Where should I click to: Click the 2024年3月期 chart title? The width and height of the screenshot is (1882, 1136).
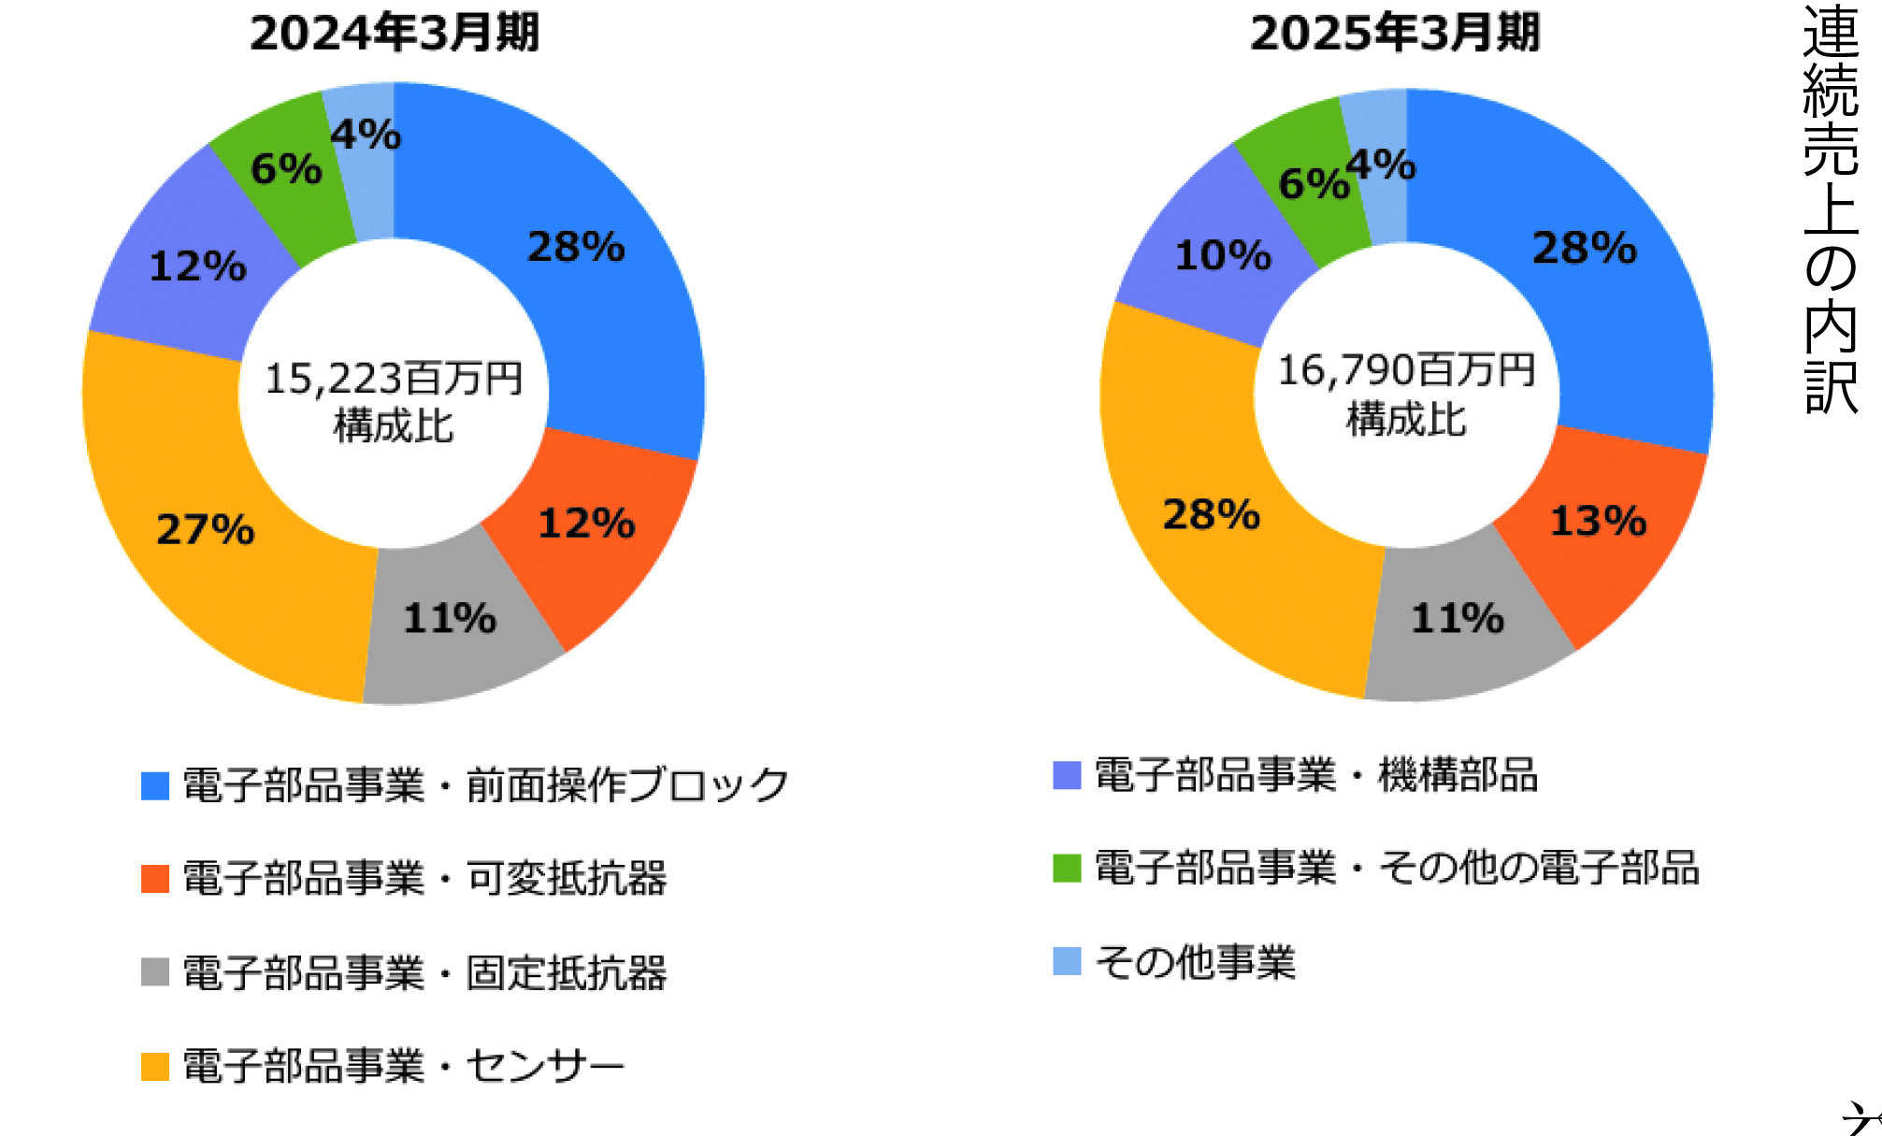(x=394, y=33)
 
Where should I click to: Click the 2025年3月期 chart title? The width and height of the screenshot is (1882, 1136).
(x=1394, y=33)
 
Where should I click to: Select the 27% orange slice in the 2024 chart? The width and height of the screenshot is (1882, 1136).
(x=206, y=529)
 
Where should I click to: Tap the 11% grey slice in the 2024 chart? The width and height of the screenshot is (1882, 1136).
(x=450, y=619)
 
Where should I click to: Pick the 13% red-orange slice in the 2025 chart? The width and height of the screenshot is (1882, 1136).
(x=1598, y=521)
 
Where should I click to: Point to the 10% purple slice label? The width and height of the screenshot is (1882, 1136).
(x=1223, y=255)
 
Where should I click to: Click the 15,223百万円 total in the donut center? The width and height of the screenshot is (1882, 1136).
(x=394, y=379)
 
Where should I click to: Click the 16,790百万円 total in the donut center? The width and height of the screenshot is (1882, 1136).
(x=1406, y=370)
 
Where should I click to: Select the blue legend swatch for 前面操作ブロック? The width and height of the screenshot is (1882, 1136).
(x=155, y=785)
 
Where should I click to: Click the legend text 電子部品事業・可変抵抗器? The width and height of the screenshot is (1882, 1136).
(x=424, y=879)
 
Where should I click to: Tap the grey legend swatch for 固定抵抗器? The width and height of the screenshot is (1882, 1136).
(x=155, y=971)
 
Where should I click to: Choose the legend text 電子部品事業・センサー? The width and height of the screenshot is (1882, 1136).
(x=403, y=1066)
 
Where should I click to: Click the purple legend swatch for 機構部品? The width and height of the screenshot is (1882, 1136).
(x=1067, y=775)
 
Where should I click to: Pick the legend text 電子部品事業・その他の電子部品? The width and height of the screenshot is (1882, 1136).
(x=1396, y=868)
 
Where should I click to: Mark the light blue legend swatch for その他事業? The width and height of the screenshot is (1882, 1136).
(x=1067, y=961)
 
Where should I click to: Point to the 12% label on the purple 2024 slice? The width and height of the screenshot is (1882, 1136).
(x=197, y=266)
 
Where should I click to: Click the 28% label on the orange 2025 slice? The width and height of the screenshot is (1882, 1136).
(x=1211, y=514)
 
